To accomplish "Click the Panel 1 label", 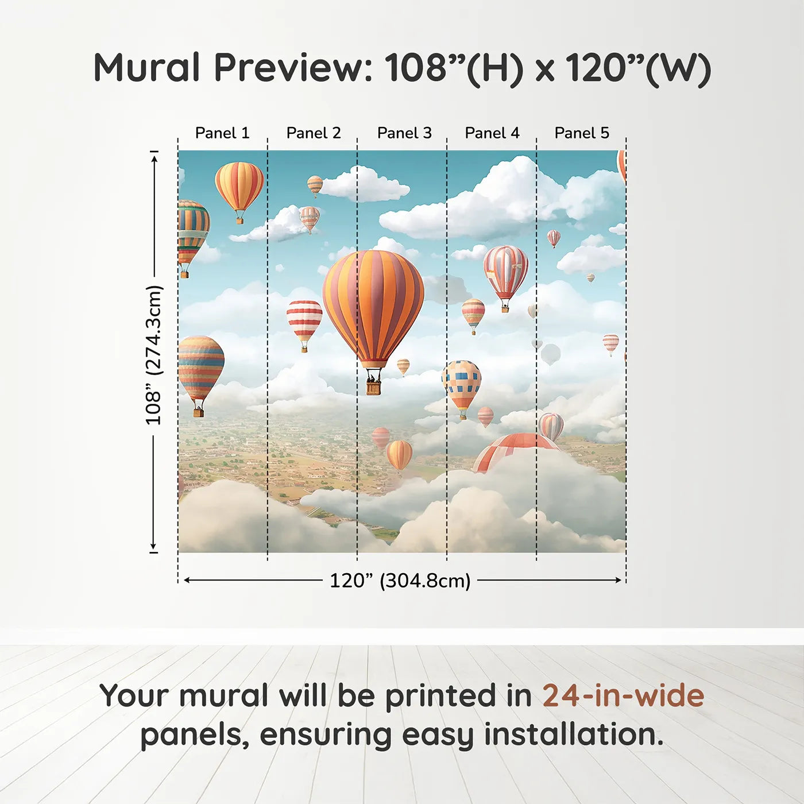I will click(x=222, y=133).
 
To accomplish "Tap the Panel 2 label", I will click(x=314, y=133).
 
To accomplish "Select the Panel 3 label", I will click(x=404, y=133).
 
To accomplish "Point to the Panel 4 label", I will click(x=492, y=133).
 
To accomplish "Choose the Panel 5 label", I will click(x=582, y=133).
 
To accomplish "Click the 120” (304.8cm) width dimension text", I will click(x=400, y=581).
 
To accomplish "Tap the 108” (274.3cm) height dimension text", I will click(x=154, y=355).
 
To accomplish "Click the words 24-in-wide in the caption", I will click(x=623, y=696).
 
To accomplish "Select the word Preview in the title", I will click(x=293, y=68).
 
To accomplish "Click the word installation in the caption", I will click(x=573, y=735).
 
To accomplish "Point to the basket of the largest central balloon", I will click(x=373, y=386).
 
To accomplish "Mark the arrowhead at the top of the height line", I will click(x=154, y=157).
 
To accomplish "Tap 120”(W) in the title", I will click(x=638, y=68).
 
